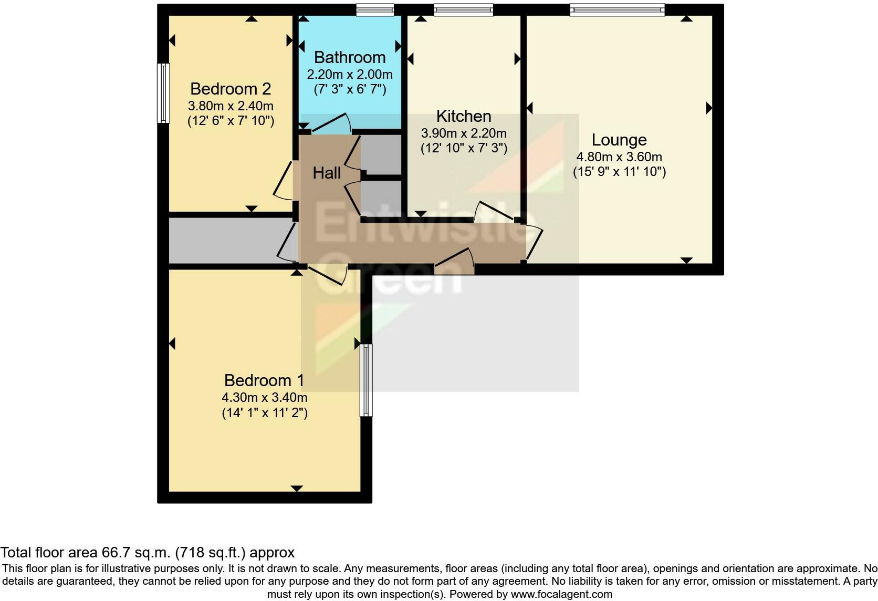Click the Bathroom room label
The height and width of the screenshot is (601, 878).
tap(350, 58)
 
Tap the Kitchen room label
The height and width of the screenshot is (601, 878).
tap(464, 117)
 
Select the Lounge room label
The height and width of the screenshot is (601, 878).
tap(619, 140)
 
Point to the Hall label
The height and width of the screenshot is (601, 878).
tap(327, 173)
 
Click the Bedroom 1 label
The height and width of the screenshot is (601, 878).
tap(264, 380)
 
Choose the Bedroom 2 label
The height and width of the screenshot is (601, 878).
tap(231, 89)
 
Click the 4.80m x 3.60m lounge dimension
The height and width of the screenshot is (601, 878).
tap(619, 157)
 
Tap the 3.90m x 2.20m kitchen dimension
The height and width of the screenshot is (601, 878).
tap(464, 133)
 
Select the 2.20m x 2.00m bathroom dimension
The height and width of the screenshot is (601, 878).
tap(350, 75)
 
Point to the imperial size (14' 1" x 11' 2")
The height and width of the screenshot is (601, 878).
tap(265, 413)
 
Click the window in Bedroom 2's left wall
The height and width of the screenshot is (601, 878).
tap(163, 94)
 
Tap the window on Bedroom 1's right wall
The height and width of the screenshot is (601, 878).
tap(366, 380)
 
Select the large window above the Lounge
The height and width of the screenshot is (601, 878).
tap(618, 10)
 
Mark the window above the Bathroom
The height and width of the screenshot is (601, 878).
tap(375, 10)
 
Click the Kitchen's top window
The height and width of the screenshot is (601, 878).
tap(463, 10)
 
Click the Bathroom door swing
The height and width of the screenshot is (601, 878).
tap(331, 123)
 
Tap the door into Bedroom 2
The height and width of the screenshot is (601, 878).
tap(284, 180)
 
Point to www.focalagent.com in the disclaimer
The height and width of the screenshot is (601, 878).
tap(561, 594)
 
